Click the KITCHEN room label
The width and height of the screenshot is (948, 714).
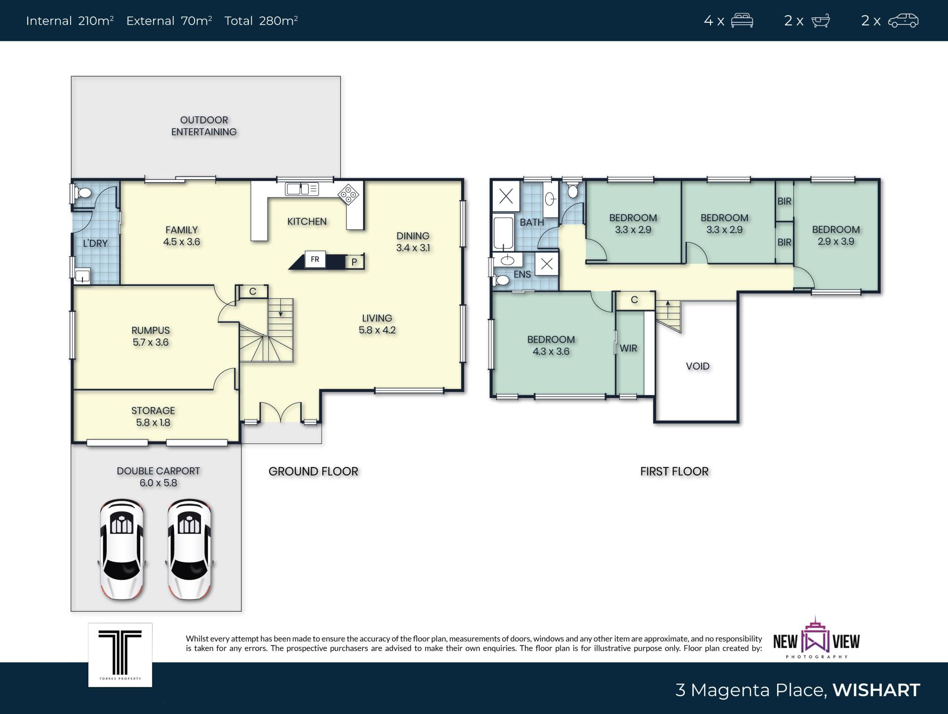pyautogui.click(x=307, y=222)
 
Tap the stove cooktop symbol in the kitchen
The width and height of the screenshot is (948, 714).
pyautogui.click(x=349, y=195)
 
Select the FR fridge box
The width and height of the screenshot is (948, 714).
pyautogui.click(x=315, y=259)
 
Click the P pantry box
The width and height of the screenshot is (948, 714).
pyautogui.click(x=354, y=262)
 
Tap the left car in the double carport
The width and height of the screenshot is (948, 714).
pyautogui.click(x=122, y=549)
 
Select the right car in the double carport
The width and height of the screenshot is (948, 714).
pyautogui.click(x=189, y=549)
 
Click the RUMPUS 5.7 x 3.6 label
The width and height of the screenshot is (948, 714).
pyautogui.click(x=151, y=336)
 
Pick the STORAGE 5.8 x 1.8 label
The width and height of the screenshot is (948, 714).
pyautogui.click(x=153, y=416)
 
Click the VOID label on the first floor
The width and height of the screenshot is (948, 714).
pyautogui.click(x=698, y=366)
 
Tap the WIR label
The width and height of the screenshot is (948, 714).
pyautogui.click(x=629, y=348)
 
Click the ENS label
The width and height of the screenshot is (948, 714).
pyautogui.click(x=522, y=275)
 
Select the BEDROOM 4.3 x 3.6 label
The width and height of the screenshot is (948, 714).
pyautogui.click(x=551, y=346)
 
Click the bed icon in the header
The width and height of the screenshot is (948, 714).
pyautogui.click(x=742, y=21)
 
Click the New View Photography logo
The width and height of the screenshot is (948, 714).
pyautogui.click(x=816, y=637)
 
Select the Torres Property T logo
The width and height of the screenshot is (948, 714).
pyautogui.click(x=120, y=655)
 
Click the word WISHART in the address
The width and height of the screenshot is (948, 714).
pyautogui.click(x=876, y=690)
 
